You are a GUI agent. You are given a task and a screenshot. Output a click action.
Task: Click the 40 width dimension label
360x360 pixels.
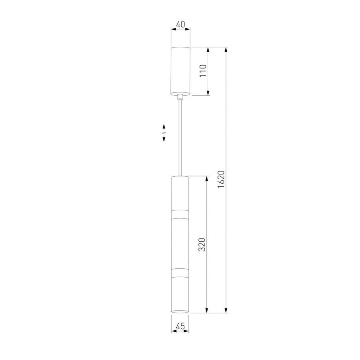coord(180,24)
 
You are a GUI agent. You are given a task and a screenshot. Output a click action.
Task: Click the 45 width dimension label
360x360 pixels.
coord(180,326)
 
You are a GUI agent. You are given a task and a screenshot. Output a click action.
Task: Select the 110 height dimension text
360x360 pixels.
coord(203,71)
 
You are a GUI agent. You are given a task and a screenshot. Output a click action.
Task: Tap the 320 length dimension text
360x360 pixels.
coord(202,245)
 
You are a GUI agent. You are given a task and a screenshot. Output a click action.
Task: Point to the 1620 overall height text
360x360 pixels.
coord(220,179)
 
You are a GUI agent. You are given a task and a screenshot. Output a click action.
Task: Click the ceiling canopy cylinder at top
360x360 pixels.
coord(180,71)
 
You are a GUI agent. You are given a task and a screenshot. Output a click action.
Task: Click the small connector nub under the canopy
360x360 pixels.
coord(180,96)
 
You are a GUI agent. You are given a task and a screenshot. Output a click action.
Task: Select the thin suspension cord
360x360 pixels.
coord(180,138)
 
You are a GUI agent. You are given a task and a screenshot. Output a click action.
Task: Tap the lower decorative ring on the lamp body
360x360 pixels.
coord(180,272)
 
